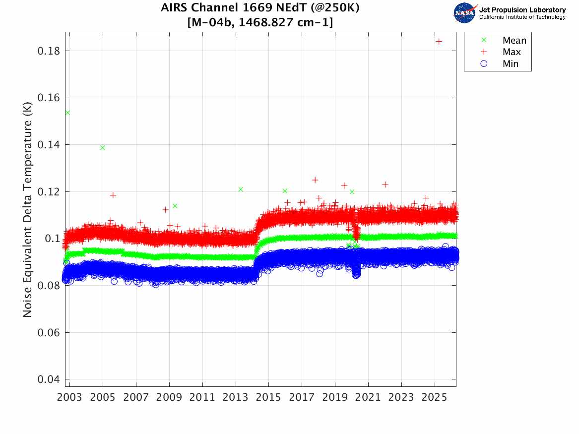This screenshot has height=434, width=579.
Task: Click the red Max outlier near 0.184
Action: (439, 41)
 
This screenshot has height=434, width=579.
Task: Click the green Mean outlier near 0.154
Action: (67, 113)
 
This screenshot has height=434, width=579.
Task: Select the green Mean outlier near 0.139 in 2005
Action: (102, 148)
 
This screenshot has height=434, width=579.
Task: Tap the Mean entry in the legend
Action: (514, 41)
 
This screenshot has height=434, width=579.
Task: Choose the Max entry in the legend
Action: (512, 52)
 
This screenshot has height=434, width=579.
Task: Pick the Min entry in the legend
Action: (511, 63)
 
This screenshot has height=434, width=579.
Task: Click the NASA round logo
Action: (465, 13)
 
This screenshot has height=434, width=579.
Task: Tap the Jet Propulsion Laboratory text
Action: (522, 10)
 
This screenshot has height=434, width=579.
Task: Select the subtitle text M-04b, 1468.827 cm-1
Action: (260, 22)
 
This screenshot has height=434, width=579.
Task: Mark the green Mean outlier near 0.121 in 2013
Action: (241, 189)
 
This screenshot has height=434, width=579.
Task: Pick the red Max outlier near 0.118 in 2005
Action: (113, 195)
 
